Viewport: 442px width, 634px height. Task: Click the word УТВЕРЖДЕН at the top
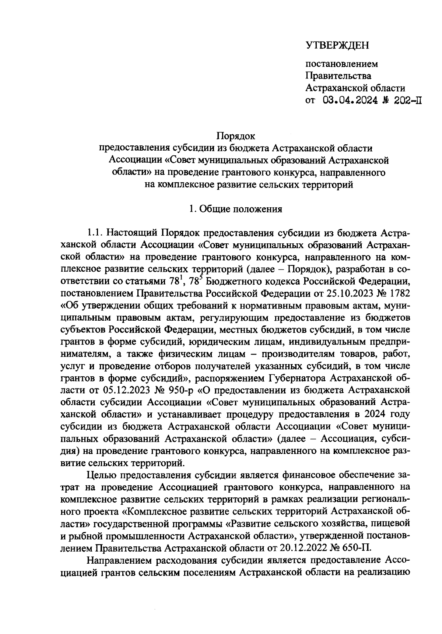click(337, 45)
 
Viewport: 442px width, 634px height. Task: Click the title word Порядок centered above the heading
click(236, 137)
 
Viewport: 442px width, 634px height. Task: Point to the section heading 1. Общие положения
click(235, 209)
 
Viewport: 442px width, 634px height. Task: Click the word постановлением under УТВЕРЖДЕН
click(342, 64)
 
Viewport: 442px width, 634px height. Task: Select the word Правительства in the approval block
click(338, 76)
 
